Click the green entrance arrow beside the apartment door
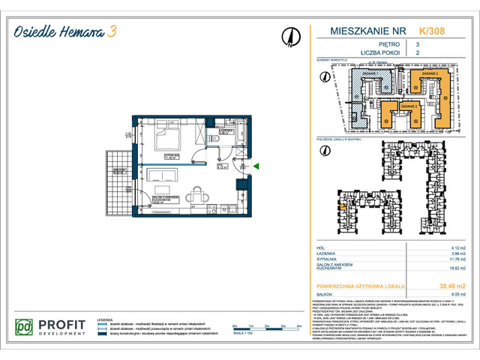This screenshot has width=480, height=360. (256, 166)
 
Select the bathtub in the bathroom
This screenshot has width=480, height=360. (238, 135)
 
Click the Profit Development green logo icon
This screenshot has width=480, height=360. (26, 328)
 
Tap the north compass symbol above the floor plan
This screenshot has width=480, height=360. (288, 36)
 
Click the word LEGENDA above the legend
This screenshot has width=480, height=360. (121, 319)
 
